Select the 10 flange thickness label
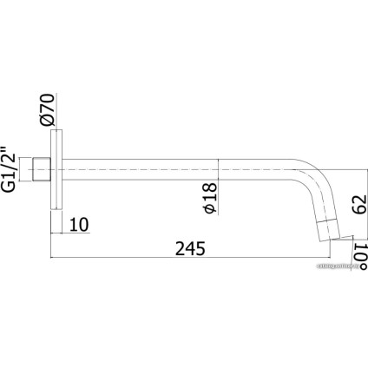[78, 225]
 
